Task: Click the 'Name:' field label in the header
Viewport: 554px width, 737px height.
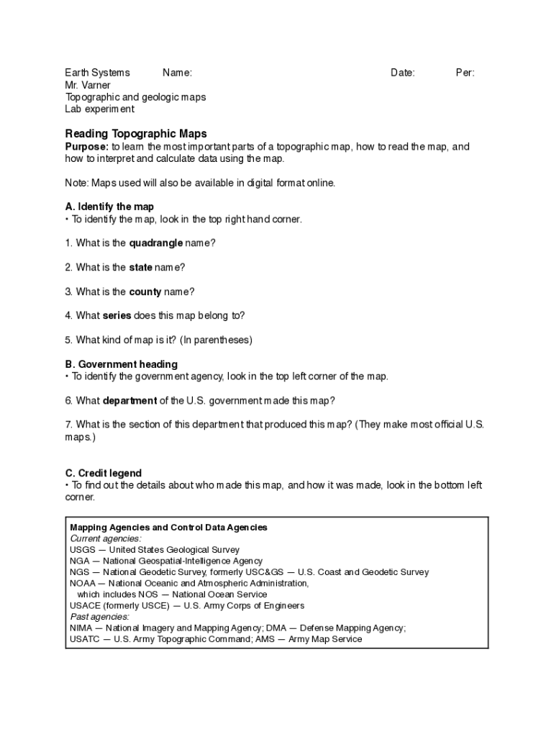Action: [x=177, y=73]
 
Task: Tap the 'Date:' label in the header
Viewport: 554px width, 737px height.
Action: [x=402, y=73]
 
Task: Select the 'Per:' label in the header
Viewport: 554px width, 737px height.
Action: [x=465, y=73]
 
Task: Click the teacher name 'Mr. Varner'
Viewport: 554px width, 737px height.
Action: [x=88, y=85]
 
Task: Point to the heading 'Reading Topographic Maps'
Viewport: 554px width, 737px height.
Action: [x=136, y=133]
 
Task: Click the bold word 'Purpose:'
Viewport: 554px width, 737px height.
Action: [x=87, y=147]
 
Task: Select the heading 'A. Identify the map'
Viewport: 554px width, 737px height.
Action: [x=109, y=207]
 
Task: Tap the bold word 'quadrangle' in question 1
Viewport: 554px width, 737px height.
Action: [x=155, y=243]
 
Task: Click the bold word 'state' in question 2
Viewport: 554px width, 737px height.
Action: [x=140, y=267]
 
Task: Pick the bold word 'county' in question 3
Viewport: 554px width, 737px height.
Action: [x=145, y=291]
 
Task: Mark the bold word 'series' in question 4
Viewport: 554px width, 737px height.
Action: [x=117, y=315]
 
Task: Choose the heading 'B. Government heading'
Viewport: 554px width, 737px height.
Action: [x=121, y=364]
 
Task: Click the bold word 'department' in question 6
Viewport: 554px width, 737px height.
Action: [x=130, y=400]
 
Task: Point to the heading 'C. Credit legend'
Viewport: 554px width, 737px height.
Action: [x=103, y=473]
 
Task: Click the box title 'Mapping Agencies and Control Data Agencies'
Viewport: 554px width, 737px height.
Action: [x=168, y=528]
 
